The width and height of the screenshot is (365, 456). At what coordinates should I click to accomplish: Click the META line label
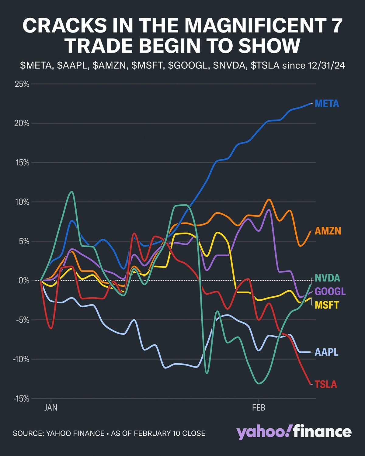pyautogui.click(x=327, y=104)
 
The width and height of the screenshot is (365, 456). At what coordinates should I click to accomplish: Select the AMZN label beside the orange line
pyautogui.click(x=328, y=231)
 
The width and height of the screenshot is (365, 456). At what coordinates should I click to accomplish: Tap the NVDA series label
pyautogui.click(x=327, y=278)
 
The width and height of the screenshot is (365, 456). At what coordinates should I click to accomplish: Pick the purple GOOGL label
pyautogui.click(x=330, y=291)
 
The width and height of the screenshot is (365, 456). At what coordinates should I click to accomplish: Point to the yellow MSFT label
pyautogui.click(x=326, y=305)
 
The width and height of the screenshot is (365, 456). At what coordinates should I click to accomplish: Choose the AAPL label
pyautogui.click(x=326, y=352)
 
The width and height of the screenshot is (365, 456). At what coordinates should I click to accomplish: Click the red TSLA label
pyautogui.click(x=326, y=384)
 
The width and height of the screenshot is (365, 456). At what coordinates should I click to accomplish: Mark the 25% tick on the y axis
pyautogui.click(x=22, y=84)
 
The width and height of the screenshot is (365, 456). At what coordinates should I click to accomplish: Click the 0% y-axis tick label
pyautogui.click(x=24, y=280)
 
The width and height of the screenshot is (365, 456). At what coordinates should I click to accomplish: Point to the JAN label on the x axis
pyautogui.click(x=51, y=407)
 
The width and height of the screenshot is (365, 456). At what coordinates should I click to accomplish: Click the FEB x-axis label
pyautogui.click(x=259, y=407)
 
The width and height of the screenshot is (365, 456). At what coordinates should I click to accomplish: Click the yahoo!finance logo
pyautogui.click(x=294, y=432)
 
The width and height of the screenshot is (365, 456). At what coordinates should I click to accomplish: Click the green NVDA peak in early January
pyautogui.click(x=71, y=192)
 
